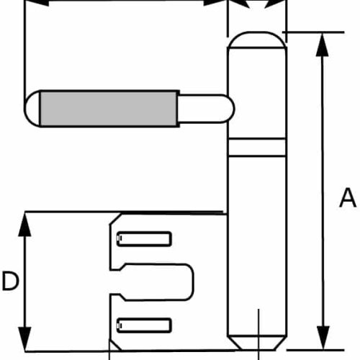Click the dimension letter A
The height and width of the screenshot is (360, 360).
(348, 198)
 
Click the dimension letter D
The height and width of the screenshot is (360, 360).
(10, 281)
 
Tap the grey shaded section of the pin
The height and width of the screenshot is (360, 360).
(109, 109)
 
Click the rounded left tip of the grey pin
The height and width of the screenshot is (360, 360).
(32, 109)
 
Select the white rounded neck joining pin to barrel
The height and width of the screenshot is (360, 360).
(206, 109)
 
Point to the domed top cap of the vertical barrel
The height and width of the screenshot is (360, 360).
(257, 40)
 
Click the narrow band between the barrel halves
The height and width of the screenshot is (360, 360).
(257, 148)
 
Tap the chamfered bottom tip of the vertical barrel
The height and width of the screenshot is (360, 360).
(257, 343)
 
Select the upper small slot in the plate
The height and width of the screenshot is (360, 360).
(144, 239)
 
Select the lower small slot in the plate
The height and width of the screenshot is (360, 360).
(144, 325)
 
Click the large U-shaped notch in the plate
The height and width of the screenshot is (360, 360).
(153, 282)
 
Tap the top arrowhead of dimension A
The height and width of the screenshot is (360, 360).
(323, 44)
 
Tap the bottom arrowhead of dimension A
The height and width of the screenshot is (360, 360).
(323, 338)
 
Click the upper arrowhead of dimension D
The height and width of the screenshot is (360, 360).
(24, 225)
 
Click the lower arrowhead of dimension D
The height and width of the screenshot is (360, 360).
(24, 339)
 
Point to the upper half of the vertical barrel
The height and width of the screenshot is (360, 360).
(257, 94)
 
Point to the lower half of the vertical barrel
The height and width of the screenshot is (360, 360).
(257, 246)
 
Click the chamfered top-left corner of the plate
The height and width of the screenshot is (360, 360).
(115, 220)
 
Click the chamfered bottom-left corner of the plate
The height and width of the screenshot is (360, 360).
(115, 345)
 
